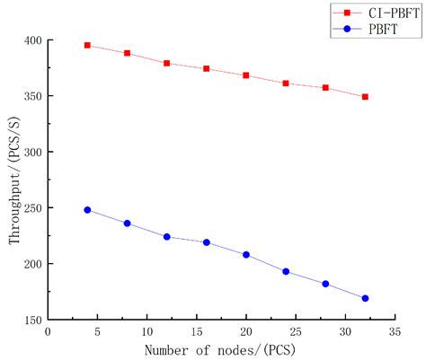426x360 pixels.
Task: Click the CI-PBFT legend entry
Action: pyautogui.click(x=375, y=13)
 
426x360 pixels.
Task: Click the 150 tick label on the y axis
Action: pyautogui.click(x=31, y=320)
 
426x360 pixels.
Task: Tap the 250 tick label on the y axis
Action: pyautogui.click(x=31, y=208)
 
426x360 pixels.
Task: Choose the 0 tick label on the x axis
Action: pyautogui.click(x=48, y=331)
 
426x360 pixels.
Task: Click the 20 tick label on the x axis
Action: pyautogui.click(x=246, y=331)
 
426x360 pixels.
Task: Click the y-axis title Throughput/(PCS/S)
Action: pyautogui.click(x=13, y=180)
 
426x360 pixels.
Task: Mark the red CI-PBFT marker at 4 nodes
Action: pyautogui.click(x=87, y=45)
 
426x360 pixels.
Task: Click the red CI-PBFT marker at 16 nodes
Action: pyautogui.click(x=207, y=68)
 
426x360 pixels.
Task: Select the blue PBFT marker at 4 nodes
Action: pyautogui.click(x=87, y=210)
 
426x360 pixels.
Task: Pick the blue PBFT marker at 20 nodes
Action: pyautogui.click(x=246, y=255)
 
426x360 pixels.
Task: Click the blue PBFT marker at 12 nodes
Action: pyautogui.click(x=167, y=237)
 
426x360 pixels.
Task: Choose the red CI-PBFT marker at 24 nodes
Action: pyautogui.click(x=286, y=83)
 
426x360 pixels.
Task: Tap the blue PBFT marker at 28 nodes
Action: pyautogui.click(x=325, y=284)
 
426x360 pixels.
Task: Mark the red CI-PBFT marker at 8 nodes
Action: pyautogui.click(x=128, y=53)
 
